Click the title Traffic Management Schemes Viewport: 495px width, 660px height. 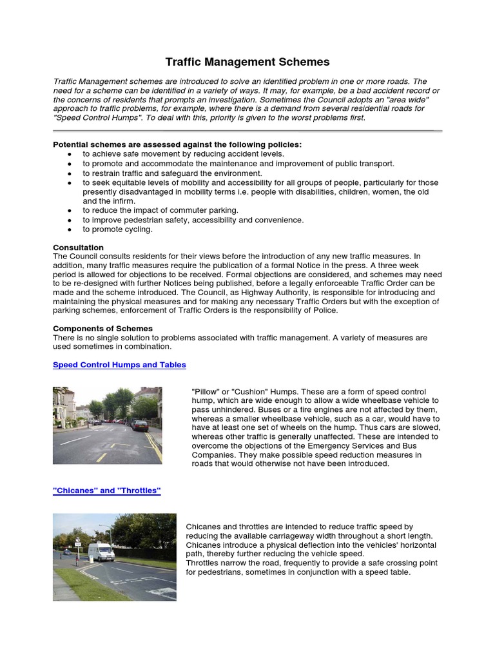tap(247, 63)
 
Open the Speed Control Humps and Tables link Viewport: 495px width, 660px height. tap(119, 365)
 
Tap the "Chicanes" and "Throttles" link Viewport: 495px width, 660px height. tap(106, 490)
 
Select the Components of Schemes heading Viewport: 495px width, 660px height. tap(102, 329)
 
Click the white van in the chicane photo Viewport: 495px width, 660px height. tap(101, 552)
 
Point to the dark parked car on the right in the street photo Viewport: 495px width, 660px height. tap(140, 425)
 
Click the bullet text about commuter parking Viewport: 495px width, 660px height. tap(160, 211)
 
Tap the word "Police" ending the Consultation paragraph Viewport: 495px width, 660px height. tap(325, 311)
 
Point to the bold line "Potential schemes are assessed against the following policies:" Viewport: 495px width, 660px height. tap(177, 145)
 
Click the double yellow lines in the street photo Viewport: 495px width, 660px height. tap(154, 446)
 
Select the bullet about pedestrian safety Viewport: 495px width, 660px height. tap(193, 220)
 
